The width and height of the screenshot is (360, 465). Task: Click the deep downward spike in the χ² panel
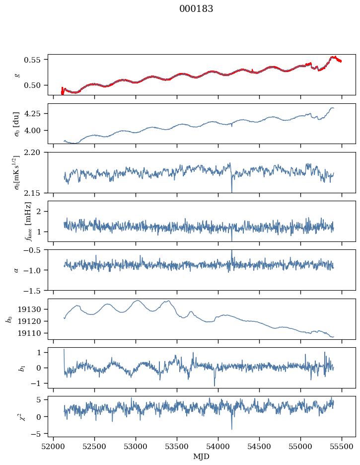tap(232, 428)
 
